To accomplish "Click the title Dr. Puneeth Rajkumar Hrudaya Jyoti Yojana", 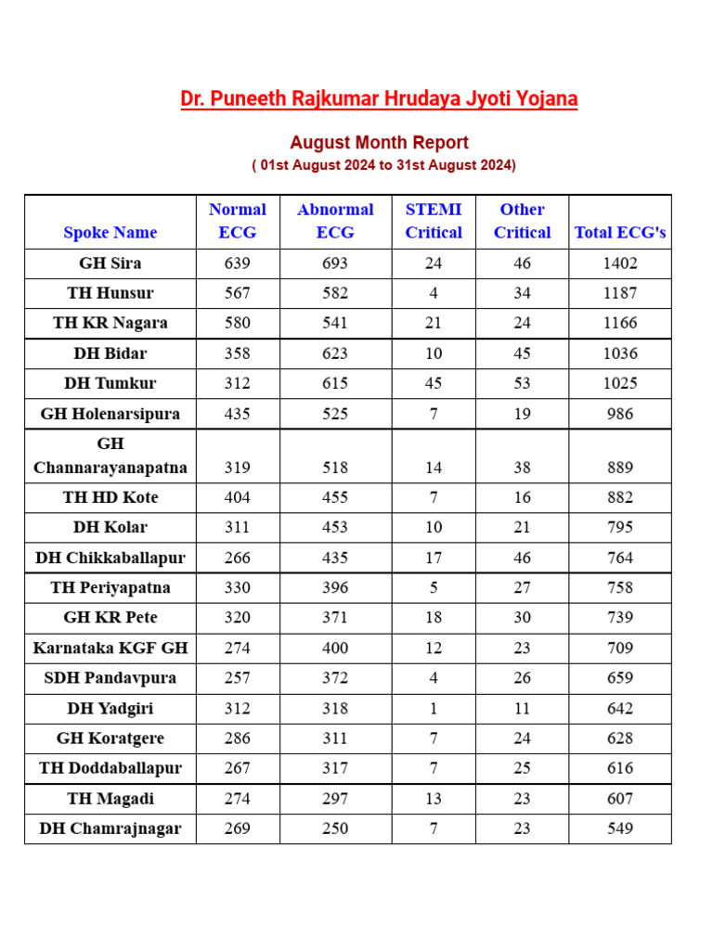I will [x=379, y=99].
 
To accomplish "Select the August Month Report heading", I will [x=379, y=143].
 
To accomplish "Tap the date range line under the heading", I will [x=383, y=165].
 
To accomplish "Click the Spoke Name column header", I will [x=110, y=233].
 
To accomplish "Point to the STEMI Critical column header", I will [x=434, y=221].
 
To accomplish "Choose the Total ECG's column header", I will [x=620, y=233].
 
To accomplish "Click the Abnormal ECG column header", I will [x=335, y=221].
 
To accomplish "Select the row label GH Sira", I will [x=110, y=263].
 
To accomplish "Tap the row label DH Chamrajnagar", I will [x=110, y=828].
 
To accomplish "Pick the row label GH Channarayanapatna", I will [x=110, y=456].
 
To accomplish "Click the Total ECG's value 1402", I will [x=620, y=263].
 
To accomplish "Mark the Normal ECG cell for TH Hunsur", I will [x=238, y=293].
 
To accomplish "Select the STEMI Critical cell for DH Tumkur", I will [x=434, y=383].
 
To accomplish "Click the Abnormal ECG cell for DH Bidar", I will [x=335, y=353].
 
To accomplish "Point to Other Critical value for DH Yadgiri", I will [x=523, y=709].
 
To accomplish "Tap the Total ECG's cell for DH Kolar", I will [x=620, y=527].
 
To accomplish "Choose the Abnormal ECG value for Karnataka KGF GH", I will [x=335, y=648].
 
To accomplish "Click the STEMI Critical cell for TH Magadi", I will [x=434, y=799].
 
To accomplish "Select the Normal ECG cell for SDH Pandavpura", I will [x=238, y=678].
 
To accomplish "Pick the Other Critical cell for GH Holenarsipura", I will [x=523, y=414].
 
